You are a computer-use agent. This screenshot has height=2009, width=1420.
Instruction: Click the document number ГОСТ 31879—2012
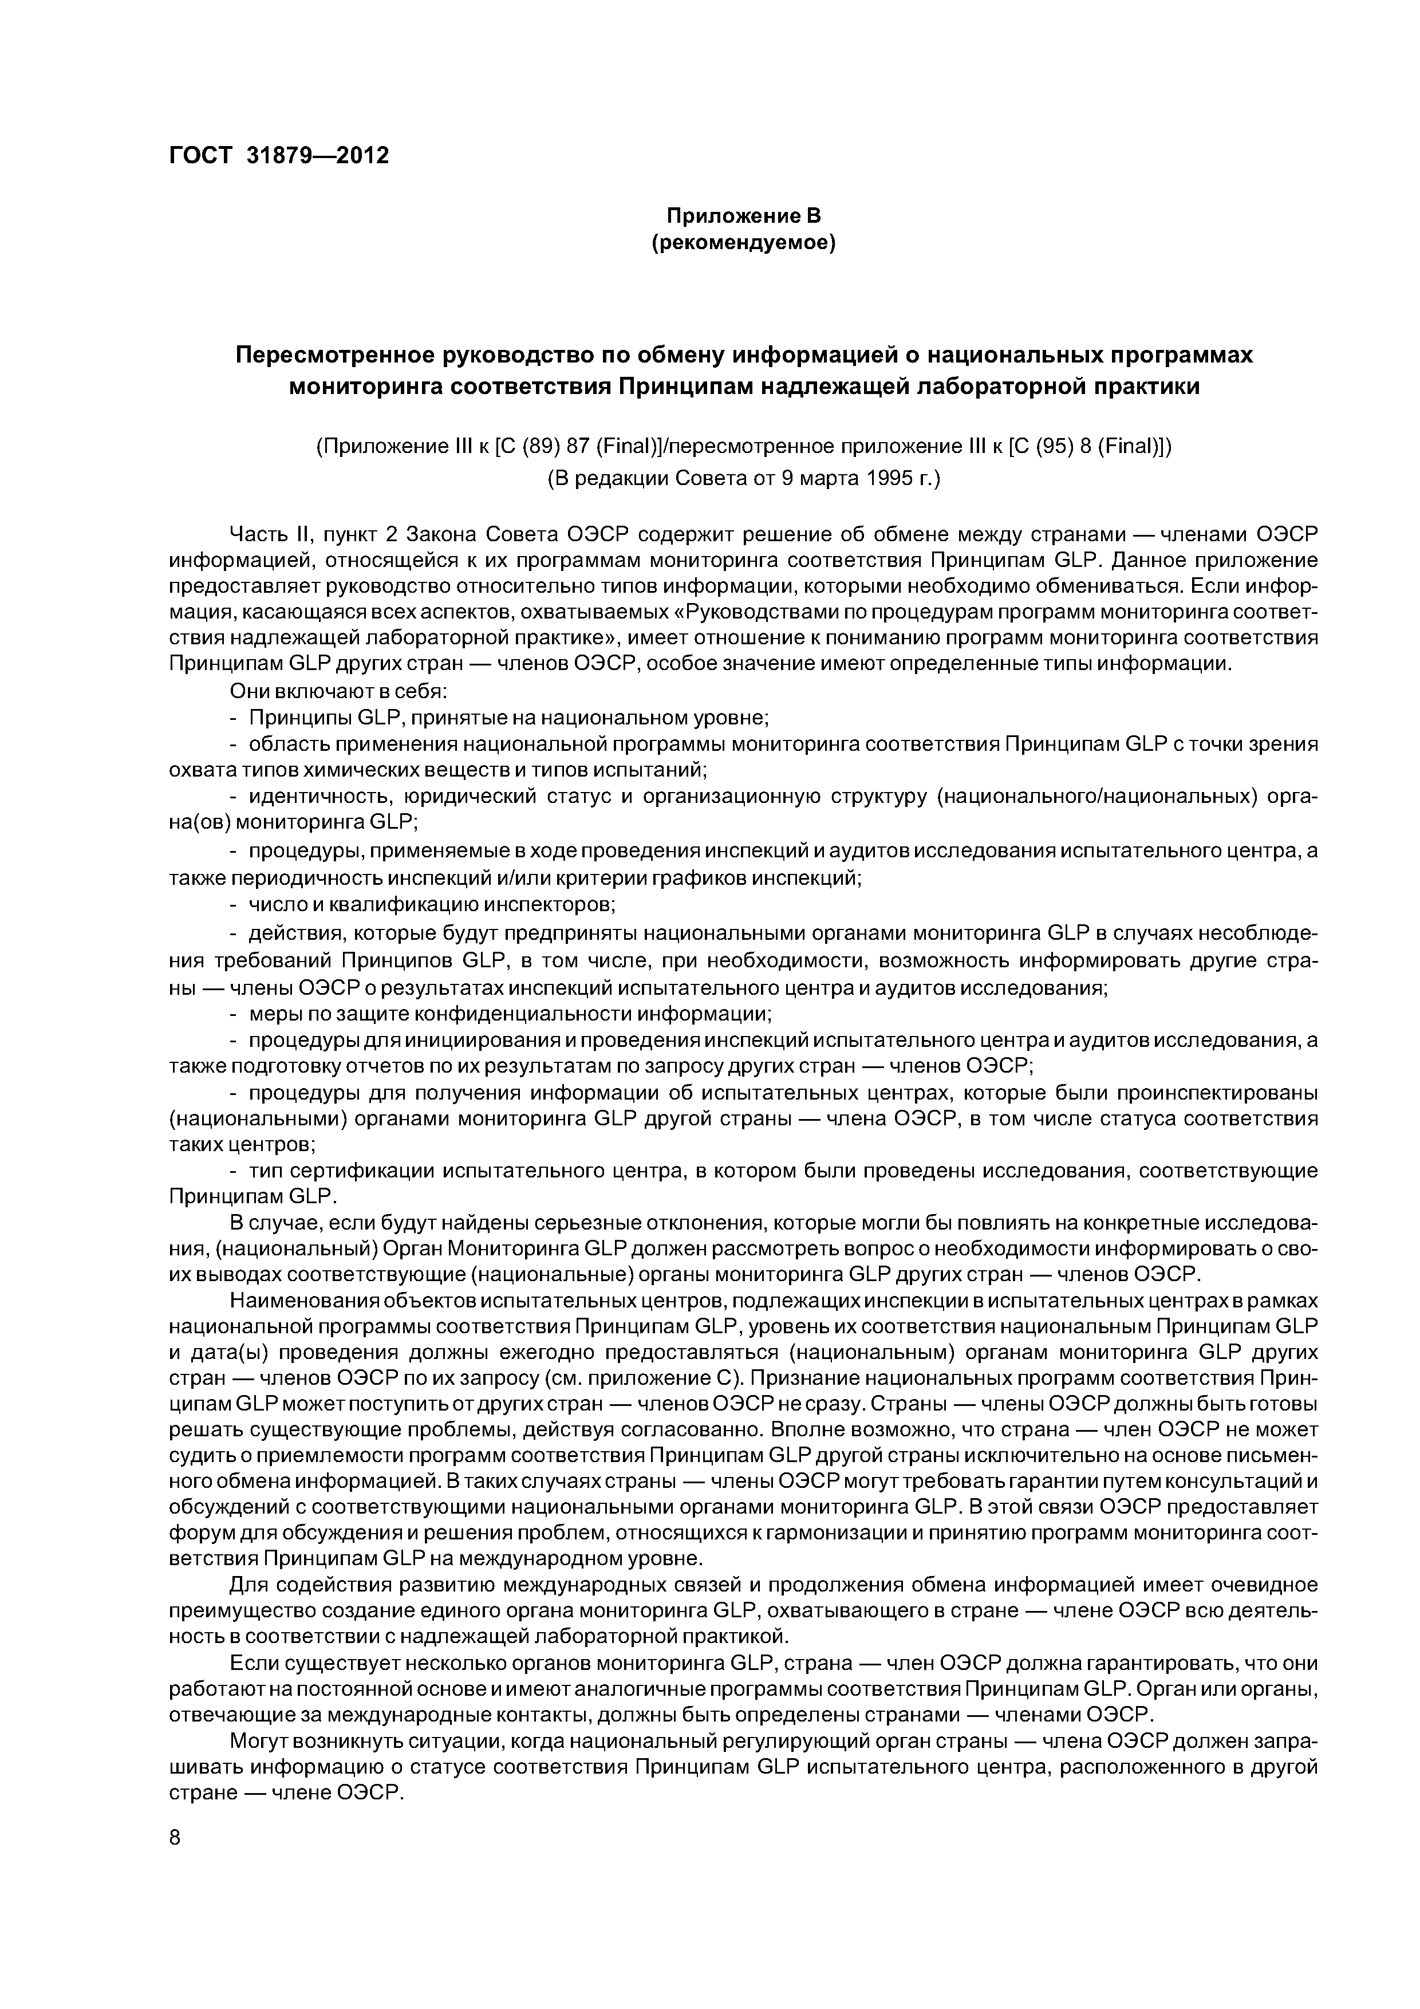(278, 155)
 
